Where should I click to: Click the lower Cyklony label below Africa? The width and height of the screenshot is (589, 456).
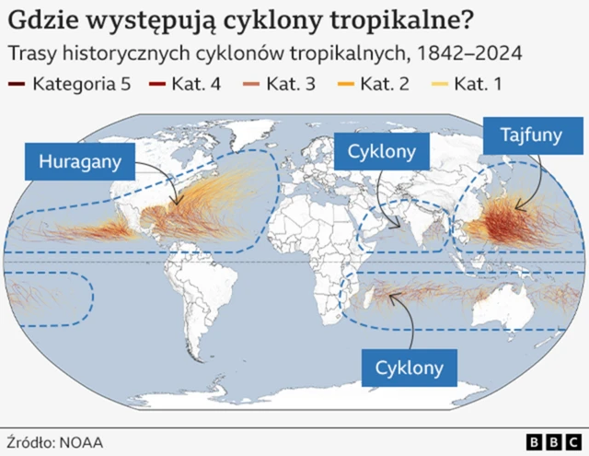click(410, 368)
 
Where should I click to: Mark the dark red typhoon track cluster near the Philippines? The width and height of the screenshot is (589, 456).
click(504, 224)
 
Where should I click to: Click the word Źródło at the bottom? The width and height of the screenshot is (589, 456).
click(30, 441)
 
